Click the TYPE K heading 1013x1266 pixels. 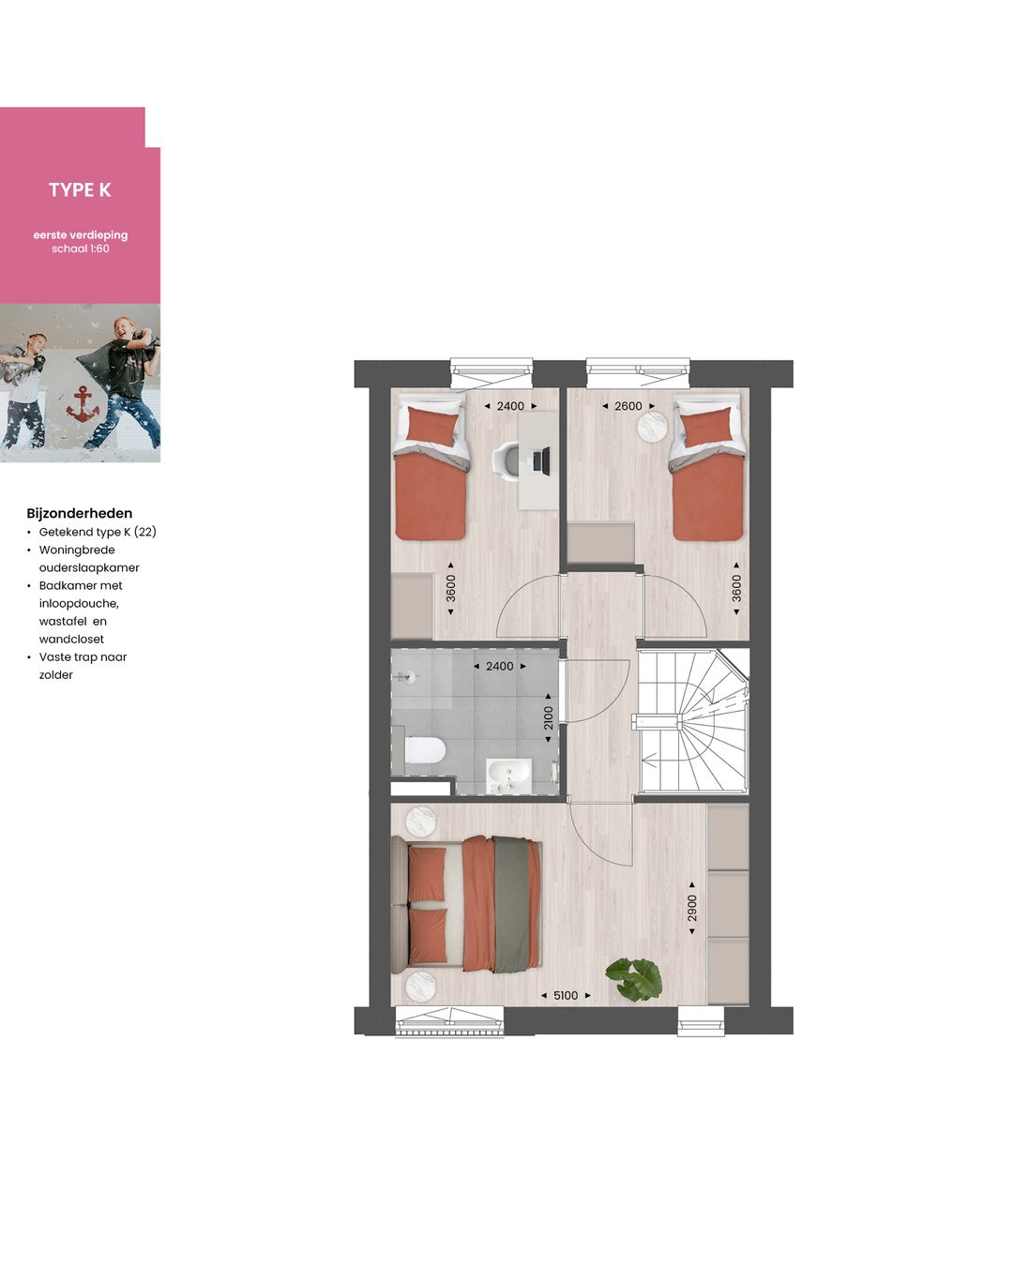click(80, 190)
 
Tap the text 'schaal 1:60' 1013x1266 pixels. click(81, 249)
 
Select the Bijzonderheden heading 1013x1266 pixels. click(80, 513)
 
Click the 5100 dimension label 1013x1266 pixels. click(566, 996)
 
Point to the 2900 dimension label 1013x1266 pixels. click(692, 908)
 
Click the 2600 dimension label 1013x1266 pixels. click(628, 406)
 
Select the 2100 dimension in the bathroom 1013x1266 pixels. click(549, 717)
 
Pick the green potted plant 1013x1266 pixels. click(635, 978)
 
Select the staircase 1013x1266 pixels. click(692, 722)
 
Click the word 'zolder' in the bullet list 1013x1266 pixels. click(56, 675)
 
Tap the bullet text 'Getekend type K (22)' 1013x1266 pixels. click(98, 532)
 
